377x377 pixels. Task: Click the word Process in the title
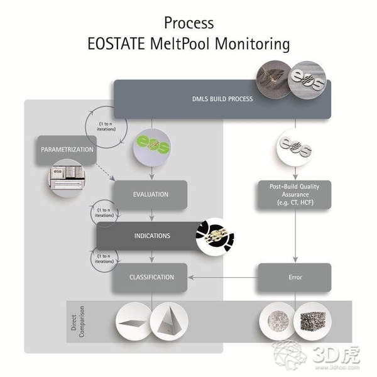pyautogui.click(x=188, y=23)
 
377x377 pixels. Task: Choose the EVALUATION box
pyautogui.click(x=151, y=194)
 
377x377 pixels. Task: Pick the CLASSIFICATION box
pyautogui.click(x=151, y=276)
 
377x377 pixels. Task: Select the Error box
pyautogui.click(x=295, y=276)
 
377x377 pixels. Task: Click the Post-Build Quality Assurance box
pyautogui.click(x=295, y=197)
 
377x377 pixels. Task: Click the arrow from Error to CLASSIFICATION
pyautogui.click(x=223, y=276)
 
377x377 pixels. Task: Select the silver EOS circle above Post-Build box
pyautogui.click(x=295, y=146)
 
